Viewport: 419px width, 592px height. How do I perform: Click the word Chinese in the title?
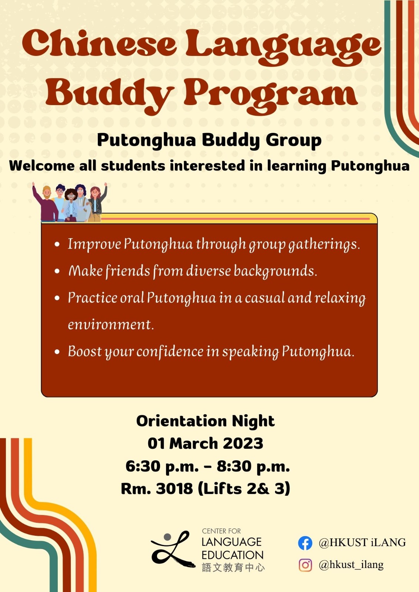(99, 44)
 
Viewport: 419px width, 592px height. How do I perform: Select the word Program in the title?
(270, 94)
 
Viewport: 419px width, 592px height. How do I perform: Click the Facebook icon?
(305, 543)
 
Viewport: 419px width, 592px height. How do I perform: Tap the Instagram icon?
(305, 565)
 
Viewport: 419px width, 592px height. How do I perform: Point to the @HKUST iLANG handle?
(362, 543)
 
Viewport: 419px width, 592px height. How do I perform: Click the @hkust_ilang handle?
(351, 565)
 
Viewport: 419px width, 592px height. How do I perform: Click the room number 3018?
(174, 489)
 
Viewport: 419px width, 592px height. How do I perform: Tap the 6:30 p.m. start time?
(162, 467)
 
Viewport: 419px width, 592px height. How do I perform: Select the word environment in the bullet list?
(110, 324)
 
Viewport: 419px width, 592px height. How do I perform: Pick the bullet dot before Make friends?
(57, 271)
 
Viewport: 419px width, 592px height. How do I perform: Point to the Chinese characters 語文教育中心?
(233, 567)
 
